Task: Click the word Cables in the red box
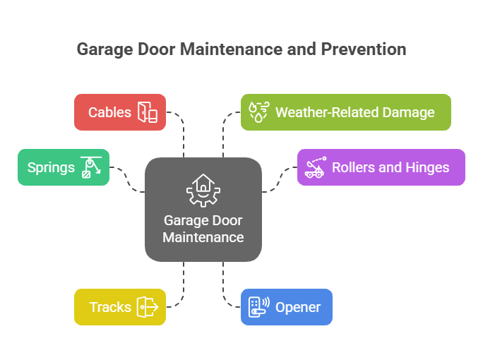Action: pyautogui.click(x=109, y=112)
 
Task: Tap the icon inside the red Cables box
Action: pyautogui.click(x=148, y=112)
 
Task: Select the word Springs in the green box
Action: pyautogui.click(x=51, y=167)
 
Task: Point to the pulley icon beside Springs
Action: pyautogui.click(x=90, y=167)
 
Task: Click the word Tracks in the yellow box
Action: pyautogui.click(x=109, y=307)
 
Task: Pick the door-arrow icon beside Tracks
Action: pyautogui.click(x=148, y=307)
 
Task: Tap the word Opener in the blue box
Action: pyautogui.click(x=298, y=307)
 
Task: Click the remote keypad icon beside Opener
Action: pyautogui.click(x=258, y=307)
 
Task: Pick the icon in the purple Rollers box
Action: pyautogui.click(x=315, y=167)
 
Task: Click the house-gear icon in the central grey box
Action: pyautogui.click(x=203, y=191)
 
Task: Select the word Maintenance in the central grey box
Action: pyautogui.click(x=203, y=237)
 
